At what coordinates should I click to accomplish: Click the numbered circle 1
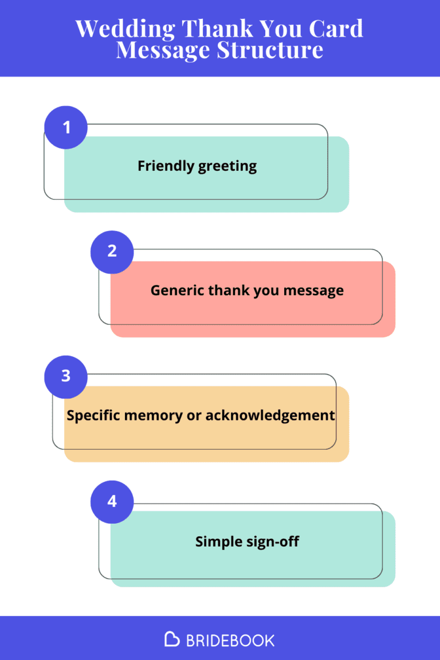click(66, 127)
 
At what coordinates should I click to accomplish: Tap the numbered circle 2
click(112, 251)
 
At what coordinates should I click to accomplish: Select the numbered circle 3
click(66, 376)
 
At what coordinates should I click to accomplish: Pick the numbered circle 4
click(112, 501)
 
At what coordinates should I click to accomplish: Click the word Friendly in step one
click(165, 166)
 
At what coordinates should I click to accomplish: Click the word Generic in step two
click(177, 290)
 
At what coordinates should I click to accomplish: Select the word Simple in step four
click(215, 541)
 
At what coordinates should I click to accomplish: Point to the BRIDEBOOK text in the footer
click(230, 640)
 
